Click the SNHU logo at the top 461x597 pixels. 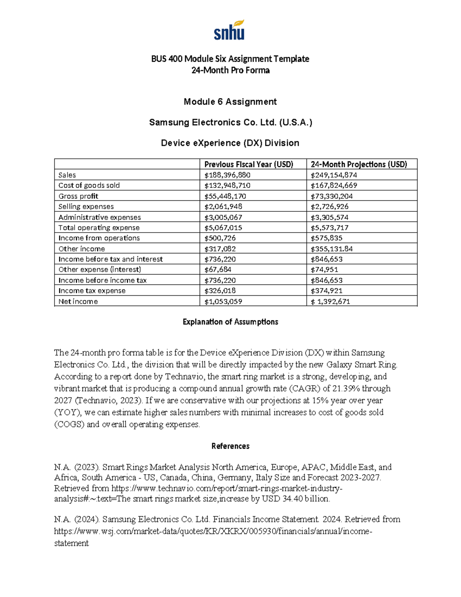pos(229,31)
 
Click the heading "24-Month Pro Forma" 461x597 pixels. pos(230,70)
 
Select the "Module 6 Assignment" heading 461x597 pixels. pos(230,102)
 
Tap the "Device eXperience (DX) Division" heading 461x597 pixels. pos(230,143)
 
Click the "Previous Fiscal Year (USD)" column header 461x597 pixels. pos(249,165)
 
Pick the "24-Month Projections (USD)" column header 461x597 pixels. pos(358,165)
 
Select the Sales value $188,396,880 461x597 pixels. pos(227,175)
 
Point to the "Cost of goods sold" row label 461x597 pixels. pos(89,185)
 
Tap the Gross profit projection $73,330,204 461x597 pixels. pos(332,196)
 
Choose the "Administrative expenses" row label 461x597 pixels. pos(99,217)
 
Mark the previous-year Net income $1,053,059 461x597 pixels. pos(223,301)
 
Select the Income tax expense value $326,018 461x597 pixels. pos(220,291)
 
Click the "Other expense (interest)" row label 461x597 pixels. pos(99,269)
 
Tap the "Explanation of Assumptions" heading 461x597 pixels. pos(230,322)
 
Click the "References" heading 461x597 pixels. pos(230,446)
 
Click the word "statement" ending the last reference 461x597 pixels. pos(71,543)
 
